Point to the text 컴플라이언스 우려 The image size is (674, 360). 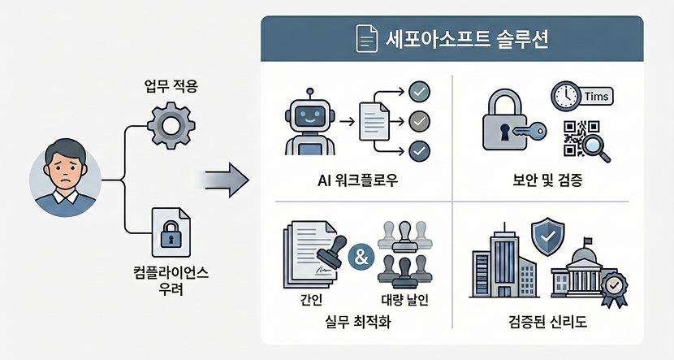[x=171, y=280]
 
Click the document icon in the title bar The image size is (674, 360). [x=368, y=39]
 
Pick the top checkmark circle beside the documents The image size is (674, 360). [x=420, y=90]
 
